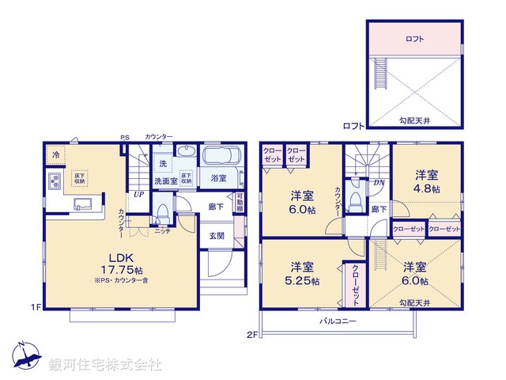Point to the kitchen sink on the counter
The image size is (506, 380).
pyautogui.click(x=82, y=204)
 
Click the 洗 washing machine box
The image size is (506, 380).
pyautogui.click(x=162, y=163)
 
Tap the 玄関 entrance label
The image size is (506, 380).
pyautogui.click(x=217, y=235)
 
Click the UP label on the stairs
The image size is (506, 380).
pyautogui.click(x=139, y=193)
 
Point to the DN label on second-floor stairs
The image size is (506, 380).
pyautogui.click(x=379, y=182)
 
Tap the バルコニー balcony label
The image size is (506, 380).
pyautogui.click(x=338, y=321)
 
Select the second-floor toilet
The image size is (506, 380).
pyautogui.click(x=355, y=197)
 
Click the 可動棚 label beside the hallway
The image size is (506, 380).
pyautogui.click(x=240, y=203)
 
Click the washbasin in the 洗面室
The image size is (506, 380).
pyautogui.click(x=186, y=153)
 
